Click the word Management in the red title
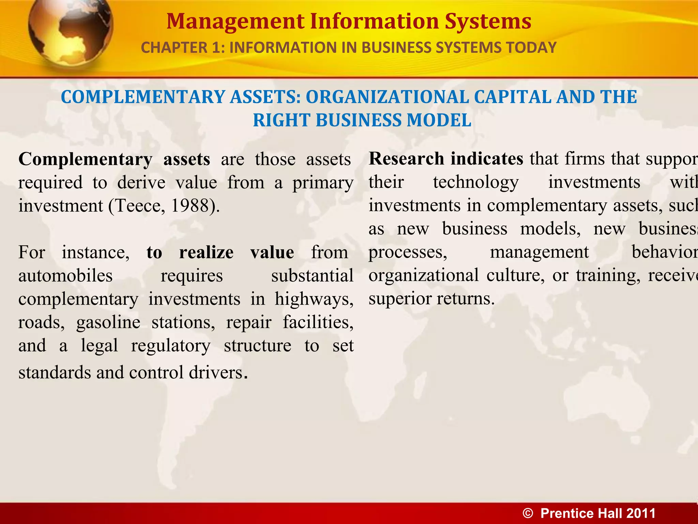(x=235, y=21)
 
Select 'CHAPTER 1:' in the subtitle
(x=183, y=48)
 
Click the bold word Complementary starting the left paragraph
(x=85, y=159)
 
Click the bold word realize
(x=206, y=253)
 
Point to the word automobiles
(x=65, y=276)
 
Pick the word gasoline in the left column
(x=108, y=322)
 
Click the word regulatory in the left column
(x=171, y=346)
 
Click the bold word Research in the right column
(x=406, y=159)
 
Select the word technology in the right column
(x=476, y=182)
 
